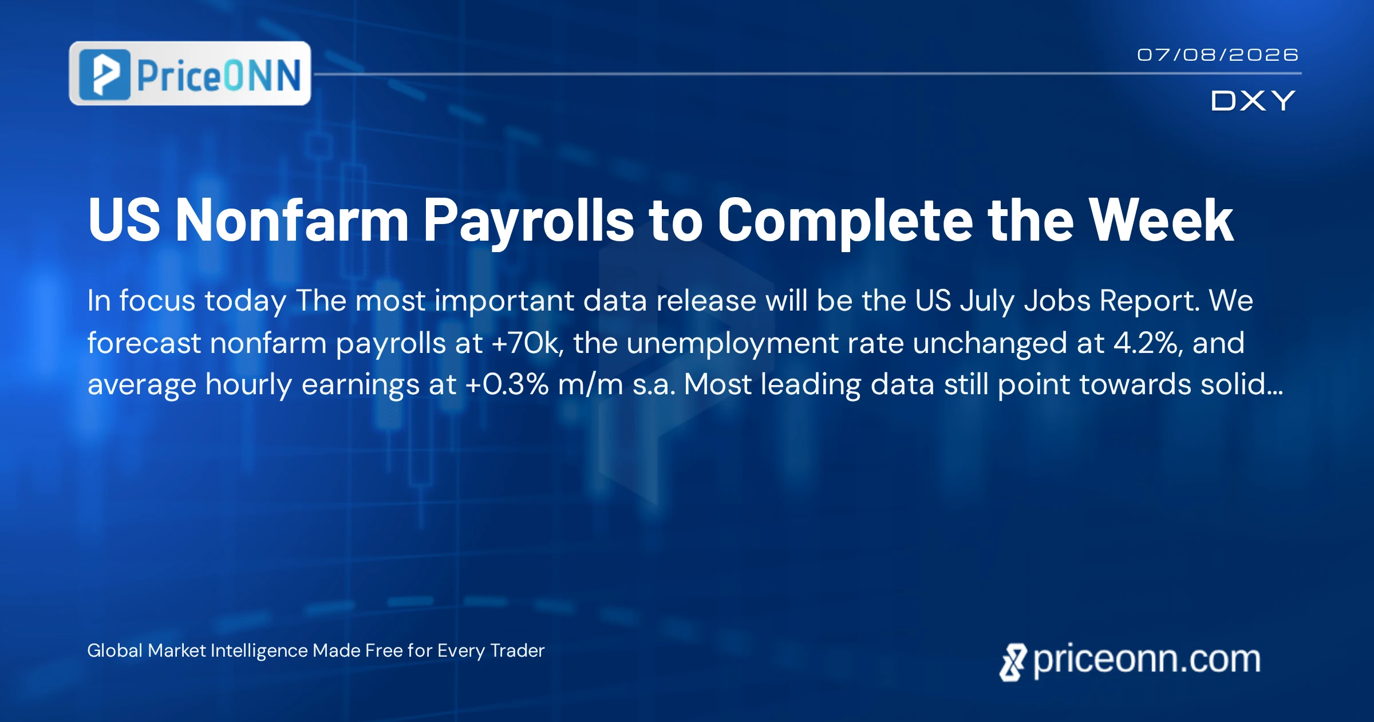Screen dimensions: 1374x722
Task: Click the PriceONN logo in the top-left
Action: [190, 73]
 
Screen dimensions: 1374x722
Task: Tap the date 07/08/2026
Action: [1218, 55]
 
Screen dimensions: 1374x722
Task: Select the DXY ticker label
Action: [1253, 101]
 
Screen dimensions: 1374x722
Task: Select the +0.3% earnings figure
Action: [507, 384]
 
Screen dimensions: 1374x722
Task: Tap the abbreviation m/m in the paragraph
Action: [590, 384]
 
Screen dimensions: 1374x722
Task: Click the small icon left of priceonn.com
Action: [1013, 662]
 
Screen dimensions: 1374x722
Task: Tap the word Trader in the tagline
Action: [518, 651]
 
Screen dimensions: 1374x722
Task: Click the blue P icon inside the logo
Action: [105, 74]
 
